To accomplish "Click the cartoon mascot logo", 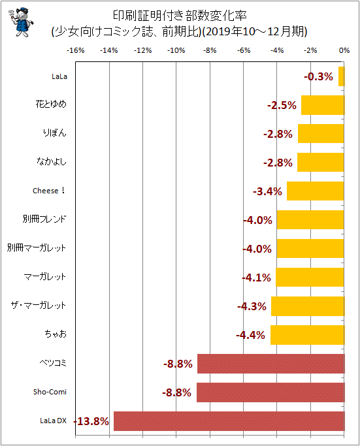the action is [x=21, y=22].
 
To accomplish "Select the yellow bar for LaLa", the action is [x=342, y=76].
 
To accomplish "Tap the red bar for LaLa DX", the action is [x=229, y=421].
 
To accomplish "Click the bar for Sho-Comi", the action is [x=270, y=392].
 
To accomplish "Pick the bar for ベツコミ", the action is [x=271, y=364].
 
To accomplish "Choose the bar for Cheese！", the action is [x=316, y=191].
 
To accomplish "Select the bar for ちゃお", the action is [x=307, y=335].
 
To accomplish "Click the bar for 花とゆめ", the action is [x=323, y=105].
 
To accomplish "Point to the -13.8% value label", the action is [x=91, y=421].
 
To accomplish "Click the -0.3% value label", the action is [x=318, y=76].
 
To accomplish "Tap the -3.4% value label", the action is [x=267, y=191].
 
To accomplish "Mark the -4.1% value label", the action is [x=256, y=278].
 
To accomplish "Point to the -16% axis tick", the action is [x=76, y=50].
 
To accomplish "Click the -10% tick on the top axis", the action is [x=176, y=50].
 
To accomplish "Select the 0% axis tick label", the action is [x=344, y=50].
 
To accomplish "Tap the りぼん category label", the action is [x=55, y=133].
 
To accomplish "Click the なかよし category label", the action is [x=52, y=161].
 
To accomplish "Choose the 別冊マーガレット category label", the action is [x=37, y=247].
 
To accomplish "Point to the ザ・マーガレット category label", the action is [x=39, y=305].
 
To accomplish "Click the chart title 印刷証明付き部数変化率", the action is [x=180, y=16].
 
